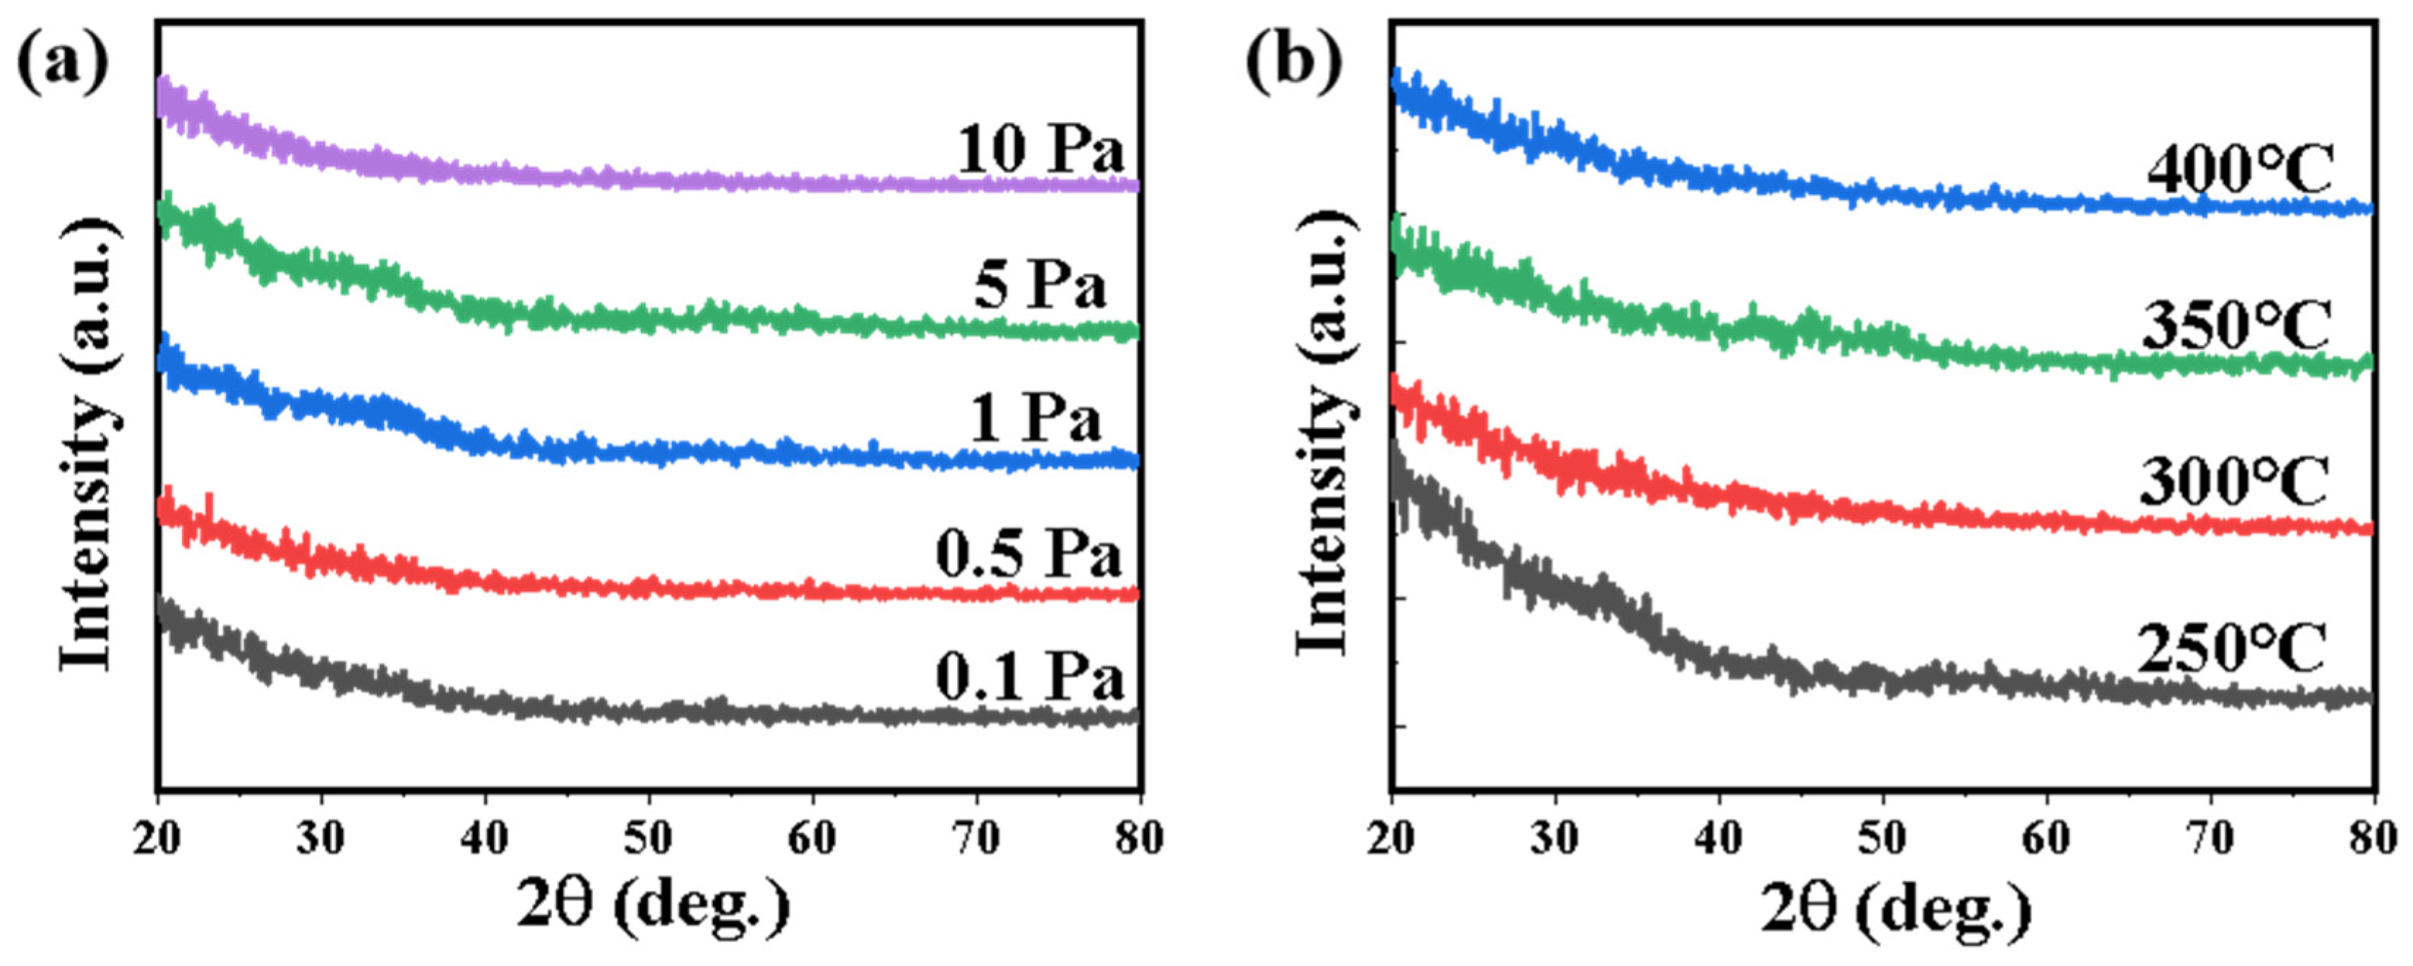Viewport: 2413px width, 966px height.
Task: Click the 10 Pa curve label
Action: coord(1040,150)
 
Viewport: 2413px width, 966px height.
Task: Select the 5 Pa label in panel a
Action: coord(1040,285)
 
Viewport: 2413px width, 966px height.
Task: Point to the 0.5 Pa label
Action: coord(1028,555)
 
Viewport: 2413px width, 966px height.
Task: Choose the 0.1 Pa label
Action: coord(1028,676)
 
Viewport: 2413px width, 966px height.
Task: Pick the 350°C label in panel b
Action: coord(2237,327)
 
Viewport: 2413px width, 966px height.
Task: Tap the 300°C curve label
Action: coord(2234,484)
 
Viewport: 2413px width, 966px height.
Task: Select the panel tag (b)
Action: coord(1294,66)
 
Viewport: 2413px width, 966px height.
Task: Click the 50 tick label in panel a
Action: coord(648,837)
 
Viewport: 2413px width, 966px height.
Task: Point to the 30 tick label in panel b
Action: coord(1555,837)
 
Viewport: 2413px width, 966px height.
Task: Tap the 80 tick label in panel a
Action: coord(1139,837)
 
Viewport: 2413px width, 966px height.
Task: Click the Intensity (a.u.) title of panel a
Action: coord(88,445)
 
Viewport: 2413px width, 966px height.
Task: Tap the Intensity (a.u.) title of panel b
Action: coord(1323,431)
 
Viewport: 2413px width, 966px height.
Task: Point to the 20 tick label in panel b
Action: coord(1391,837)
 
